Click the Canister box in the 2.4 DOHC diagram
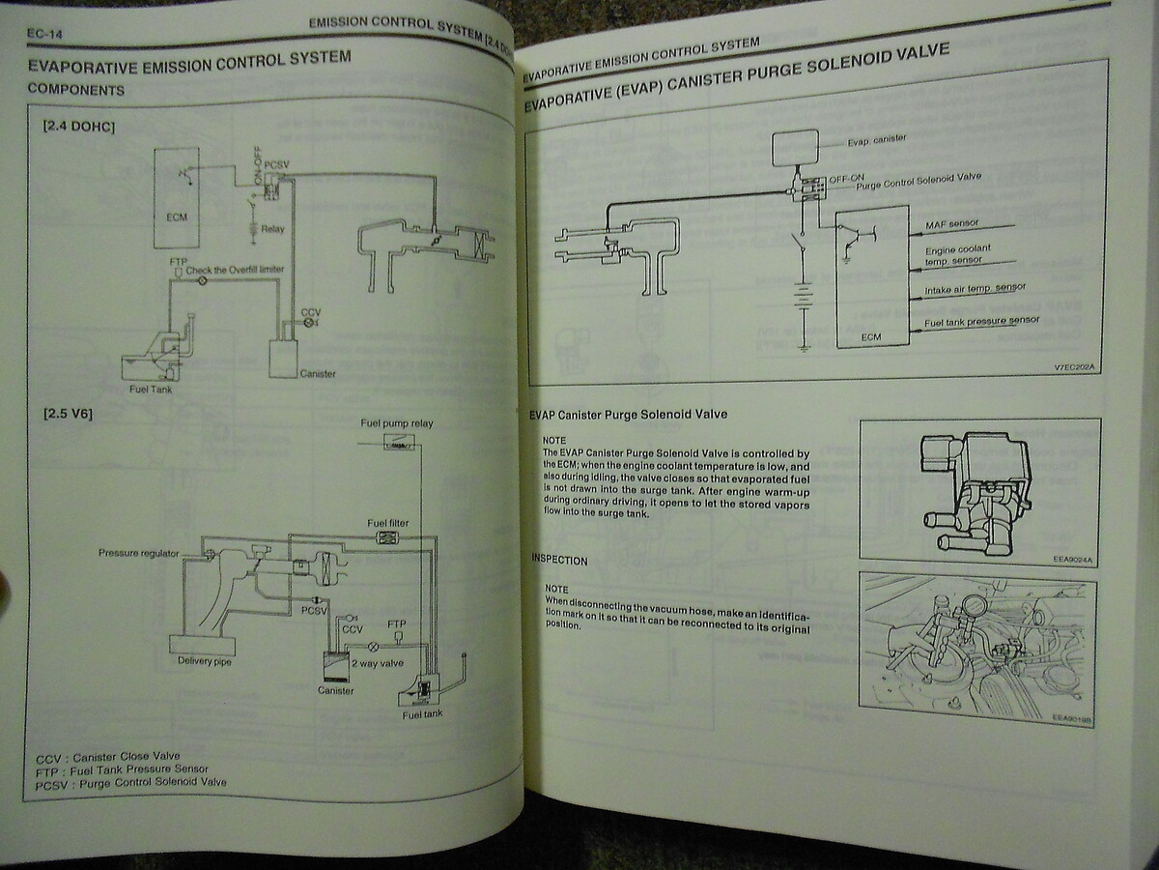pos(287,358)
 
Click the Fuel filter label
pos(388,523)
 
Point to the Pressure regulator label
pos(138,553)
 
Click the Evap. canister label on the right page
pos(876,140)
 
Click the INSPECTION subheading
pos(559,560)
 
